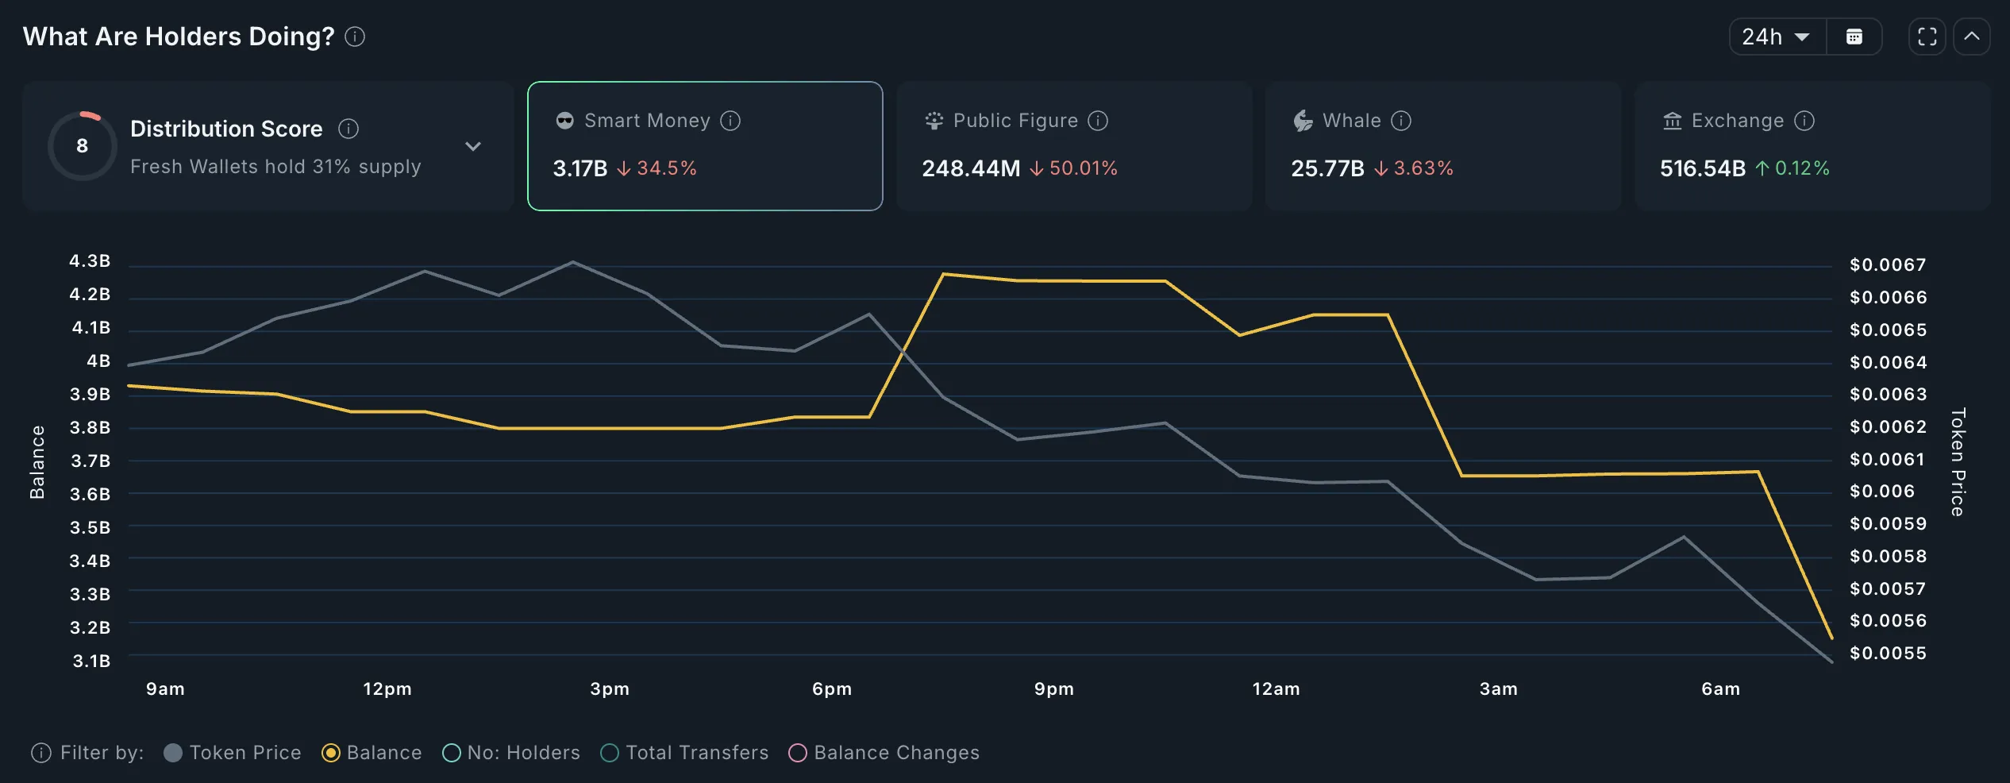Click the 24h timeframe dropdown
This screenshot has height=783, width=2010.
[x=1777, y=37]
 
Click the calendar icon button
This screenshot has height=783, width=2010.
[x=1854, y=37]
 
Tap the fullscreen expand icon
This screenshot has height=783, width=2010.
[x=1927, y=37]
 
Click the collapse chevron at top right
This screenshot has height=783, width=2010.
[x=1971, y=37]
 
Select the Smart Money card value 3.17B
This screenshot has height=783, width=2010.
[x=580, y=168]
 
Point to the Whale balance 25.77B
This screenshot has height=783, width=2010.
[x=1327, y=168]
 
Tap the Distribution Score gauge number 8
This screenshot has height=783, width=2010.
[x=83, y=146]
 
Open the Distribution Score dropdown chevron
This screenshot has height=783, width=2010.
[x=473, y=146]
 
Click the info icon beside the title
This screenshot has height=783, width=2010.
[x=355, y=37]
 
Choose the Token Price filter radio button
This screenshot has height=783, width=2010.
[x=173, y=753]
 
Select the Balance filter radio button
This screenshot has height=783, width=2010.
[x=331, y=753]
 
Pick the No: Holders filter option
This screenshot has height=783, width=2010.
[x=452, y=753]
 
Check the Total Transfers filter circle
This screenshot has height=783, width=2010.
[x=610, y=753]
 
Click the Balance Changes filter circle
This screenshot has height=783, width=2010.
[x=798, y=753]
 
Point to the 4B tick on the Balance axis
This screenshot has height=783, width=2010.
[x=98, y=361]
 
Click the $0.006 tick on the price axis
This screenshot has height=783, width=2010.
[x=1881, y=492]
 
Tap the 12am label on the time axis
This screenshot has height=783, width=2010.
[x=1276, y=689]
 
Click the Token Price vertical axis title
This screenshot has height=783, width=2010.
[x=1958, y=462]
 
